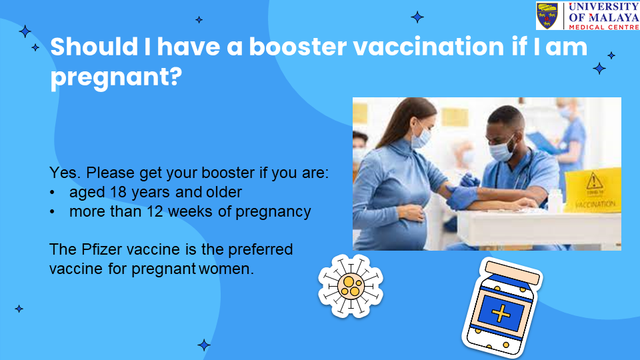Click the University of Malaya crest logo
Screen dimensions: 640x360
tap(547, 16)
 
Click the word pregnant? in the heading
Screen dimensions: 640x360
tap(116, 76)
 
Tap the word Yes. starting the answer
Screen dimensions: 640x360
tap(65, 173)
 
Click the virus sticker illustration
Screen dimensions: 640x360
tap(350, 286)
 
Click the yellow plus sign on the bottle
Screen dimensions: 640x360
tap(501, 313)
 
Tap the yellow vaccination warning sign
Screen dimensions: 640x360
tap(594, 190)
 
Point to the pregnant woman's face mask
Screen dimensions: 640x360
tap(421, 137)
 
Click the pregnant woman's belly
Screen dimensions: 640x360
tap(404, 227)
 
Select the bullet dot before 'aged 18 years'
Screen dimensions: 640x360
tap(52, 192)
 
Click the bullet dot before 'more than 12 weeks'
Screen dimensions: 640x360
tap(52, 212)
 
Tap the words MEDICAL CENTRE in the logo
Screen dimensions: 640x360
tap(604, 27)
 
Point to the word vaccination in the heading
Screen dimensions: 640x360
tap(429, 46)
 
